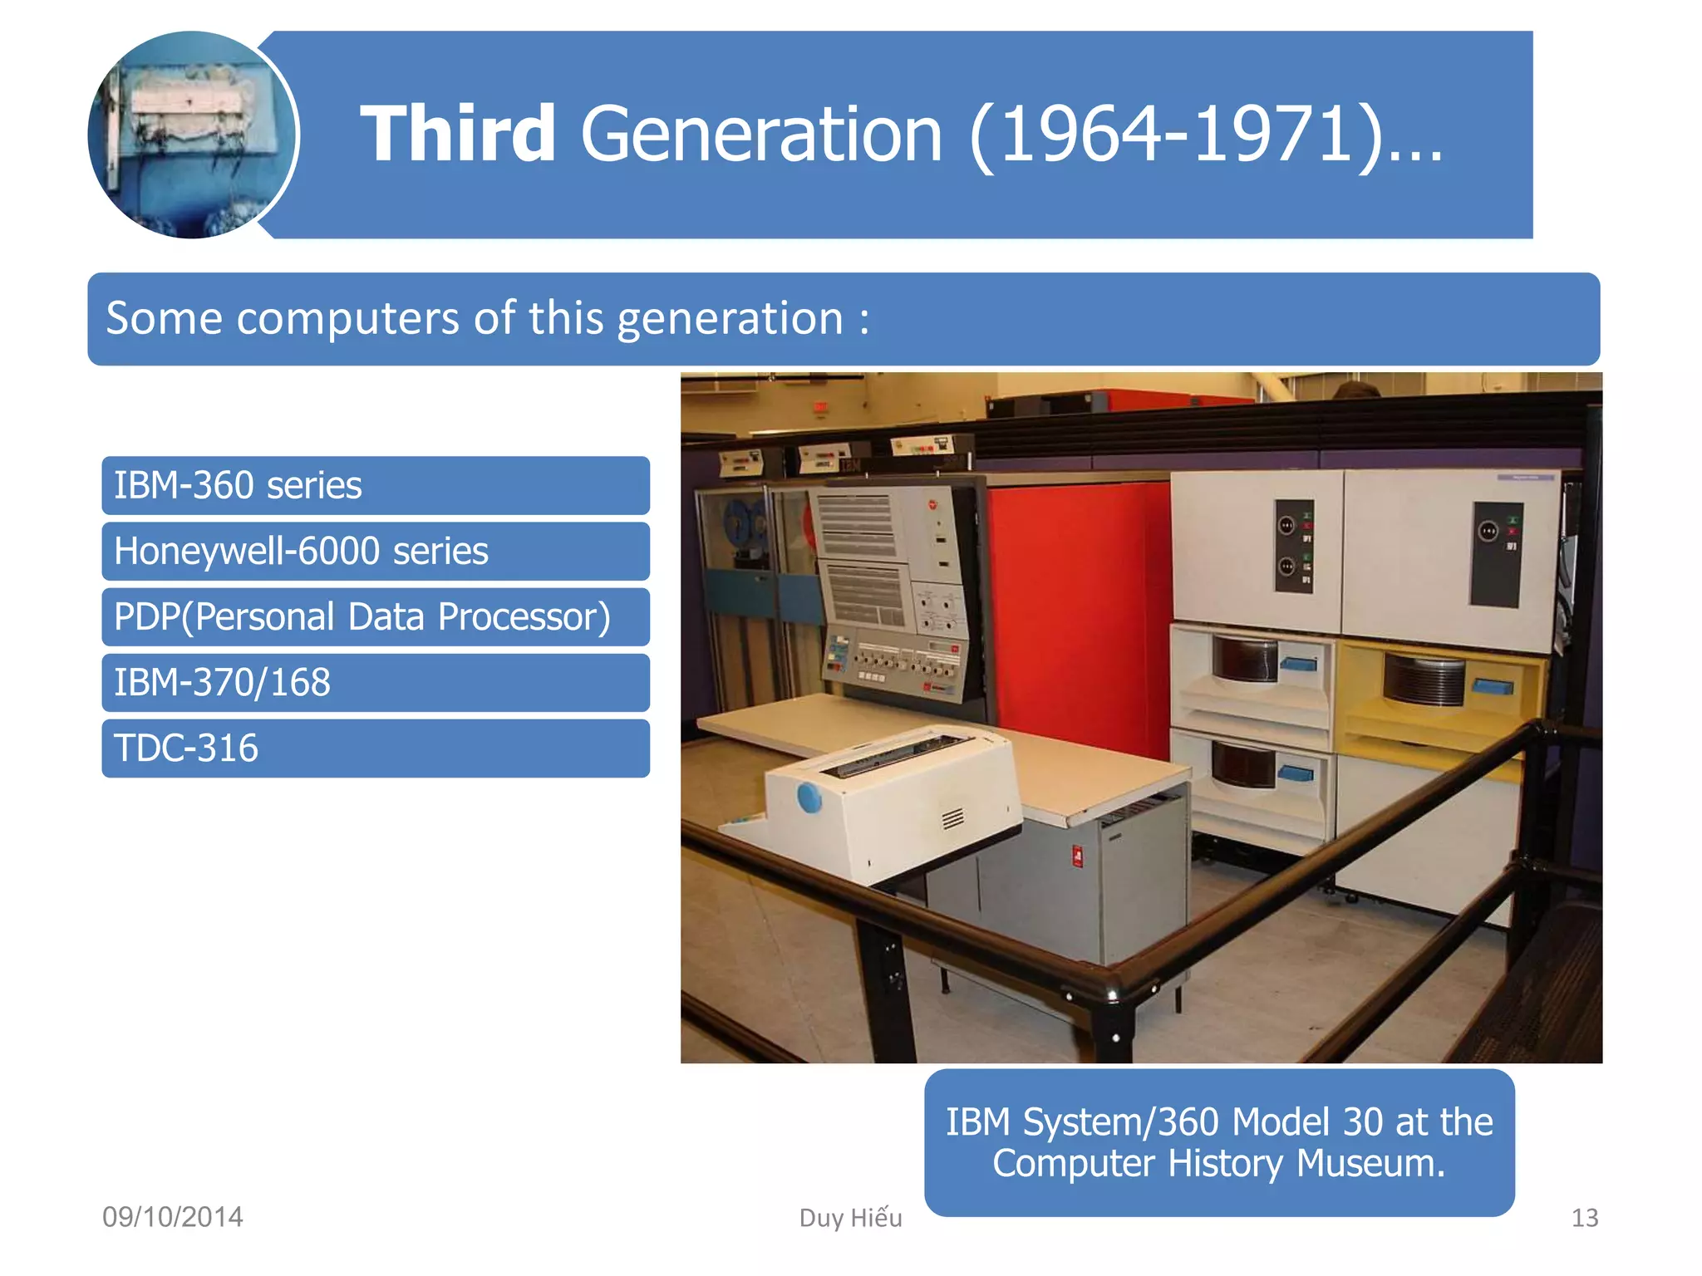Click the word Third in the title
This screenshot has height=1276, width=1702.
(457, 135)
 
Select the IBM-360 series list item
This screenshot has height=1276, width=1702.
(375, 486)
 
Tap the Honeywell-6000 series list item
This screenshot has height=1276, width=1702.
(375, 552)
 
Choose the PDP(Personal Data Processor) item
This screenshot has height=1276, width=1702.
(375, 617)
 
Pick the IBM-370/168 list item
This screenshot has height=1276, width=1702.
(375, 683)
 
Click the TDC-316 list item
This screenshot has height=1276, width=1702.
(375, 748)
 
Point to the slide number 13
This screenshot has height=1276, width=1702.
(1584, 1218)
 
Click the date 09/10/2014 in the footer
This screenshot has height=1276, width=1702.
(173, 1217)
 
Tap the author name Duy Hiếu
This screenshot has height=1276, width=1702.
(850, 1218)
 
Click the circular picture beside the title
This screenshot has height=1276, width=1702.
(193, 135)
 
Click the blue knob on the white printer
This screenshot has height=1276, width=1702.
(809, 797)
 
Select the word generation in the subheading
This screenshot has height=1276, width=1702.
(730, 319)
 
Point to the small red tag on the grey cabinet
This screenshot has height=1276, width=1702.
(1077, 856)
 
